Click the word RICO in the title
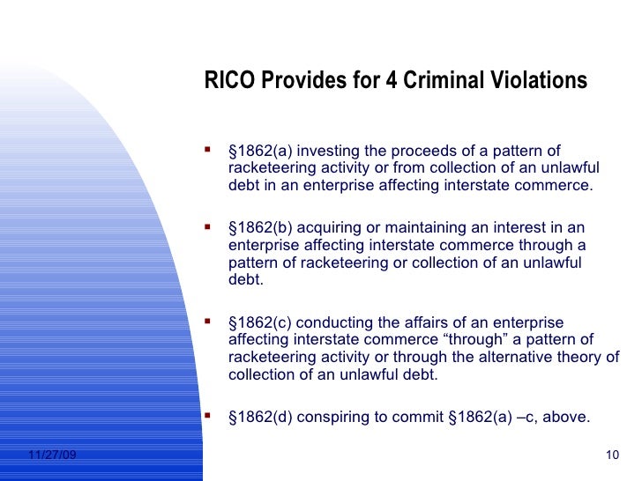pyautogui.click(x=227, y=82)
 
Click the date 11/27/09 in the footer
pyautogui.click(x=52, y=455)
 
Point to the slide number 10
pyautogui.click(x=616, y=455)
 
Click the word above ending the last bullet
pyautogui.click(x=567, y=417)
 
